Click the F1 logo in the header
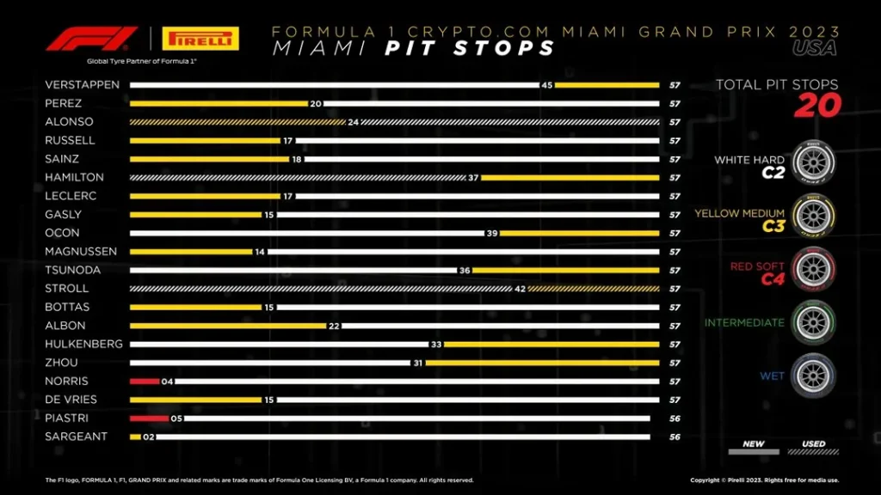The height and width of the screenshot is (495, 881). click(x=92, y=39)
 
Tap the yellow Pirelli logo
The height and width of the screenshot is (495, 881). click(x=200, y=39)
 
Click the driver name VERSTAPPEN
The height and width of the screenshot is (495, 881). click(x=82, y=85)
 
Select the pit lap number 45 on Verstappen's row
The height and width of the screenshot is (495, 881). click(x=547, y=85)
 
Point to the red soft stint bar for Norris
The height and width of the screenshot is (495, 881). click(x=145, y=381)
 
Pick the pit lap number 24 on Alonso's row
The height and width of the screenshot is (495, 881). click(x=353, y=122)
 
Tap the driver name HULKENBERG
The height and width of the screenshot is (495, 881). click(x=83, y=344)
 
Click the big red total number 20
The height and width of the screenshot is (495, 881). click(x=816, y=106)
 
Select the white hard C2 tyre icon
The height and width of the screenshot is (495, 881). click(x=811, y=161)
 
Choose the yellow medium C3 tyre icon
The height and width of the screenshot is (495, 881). click(x=811, y=215)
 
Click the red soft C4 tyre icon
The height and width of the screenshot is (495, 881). click(x=811, y=269)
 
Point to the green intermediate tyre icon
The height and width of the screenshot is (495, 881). click(x=811, y=323)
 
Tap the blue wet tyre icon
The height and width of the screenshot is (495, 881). click(x=811, y=376)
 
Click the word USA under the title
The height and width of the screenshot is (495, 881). click(x=814, y=48)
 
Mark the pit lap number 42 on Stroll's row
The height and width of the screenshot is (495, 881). click(x=520, y=289)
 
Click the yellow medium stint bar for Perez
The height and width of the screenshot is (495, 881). click(x=219, y=103)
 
